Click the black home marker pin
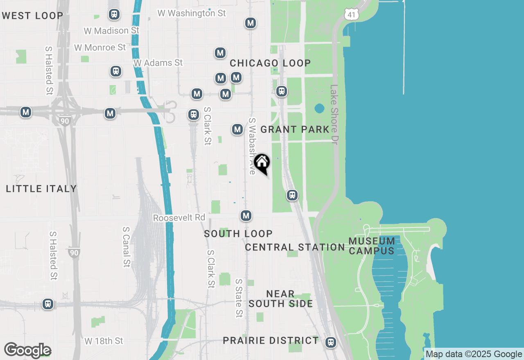(262, 163)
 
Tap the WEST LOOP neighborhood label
(32, 16)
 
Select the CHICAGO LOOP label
(270, 63)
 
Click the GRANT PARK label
(295, 130)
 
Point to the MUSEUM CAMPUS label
(372, 246)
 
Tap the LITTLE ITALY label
(41, 189)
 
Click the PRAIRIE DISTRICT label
(271, 340)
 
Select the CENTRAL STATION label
(295, 248)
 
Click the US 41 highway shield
(352, 15)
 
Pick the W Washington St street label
(192, 13)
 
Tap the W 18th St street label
(104, 341)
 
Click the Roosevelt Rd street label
(179, 218)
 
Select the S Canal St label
(126, 248)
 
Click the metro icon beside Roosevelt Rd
(246, 216)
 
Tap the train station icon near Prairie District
(331, 342)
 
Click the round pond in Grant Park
(319, 109)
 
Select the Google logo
(27, 351)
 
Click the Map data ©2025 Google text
(474, 354)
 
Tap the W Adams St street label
(158, 63)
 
